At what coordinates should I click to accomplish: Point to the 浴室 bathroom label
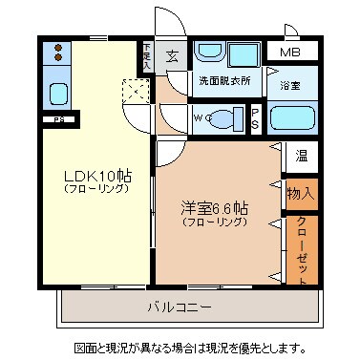click(290, 85)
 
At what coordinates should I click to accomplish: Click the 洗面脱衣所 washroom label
click(223, 82)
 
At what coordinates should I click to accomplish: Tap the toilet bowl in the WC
click(225, 120)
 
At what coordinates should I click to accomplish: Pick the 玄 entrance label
click(172, 55)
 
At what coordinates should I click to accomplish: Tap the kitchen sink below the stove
click(56, 95)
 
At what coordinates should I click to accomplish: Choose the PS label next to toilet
click(256, 119)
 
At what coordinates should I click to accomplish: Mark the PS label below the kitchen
click(58, 119)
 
